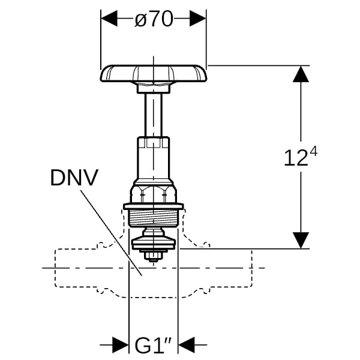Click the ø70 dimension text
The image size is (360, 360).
pos(154,19)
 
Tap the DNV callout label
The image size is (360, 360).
pos(74,177)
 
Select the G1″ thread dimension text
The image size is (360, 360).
pos(154,346)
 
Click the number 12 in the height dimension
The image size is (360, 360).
pos(295,158)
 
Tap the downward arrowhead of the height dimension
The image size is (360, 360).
pos(301,239)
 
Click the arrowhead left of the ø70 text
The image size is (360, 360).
pos(110,19)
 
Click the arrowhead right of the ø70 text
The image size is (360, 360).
pos(198,19)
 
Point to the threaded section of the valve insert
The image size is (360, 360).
pos(154,218)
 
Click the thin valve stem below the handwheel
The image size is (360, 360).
pos(154,115)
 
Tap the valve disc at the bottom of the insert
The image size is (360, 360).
pos(154,242)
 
